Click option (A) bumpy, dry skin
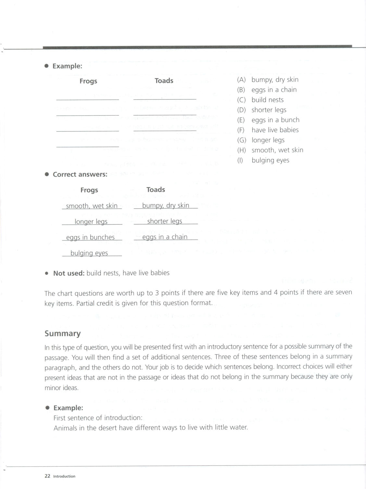coord(268,80)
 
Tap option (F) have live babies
coord(268,130)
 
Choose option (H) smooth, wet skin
coord(270,150)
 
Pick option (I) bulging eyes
coord(263,160)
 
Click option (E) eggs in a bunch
coord(268,120)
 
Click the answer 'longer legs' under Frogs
coord(91,222)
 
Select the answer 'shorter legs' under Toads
coord(165,221)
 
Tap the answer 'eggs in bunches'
coord(90,237)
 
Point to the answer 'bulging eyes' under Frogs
coord(89,253)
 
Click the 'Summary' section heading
coord(62,333)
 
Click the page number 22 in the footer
coord(47,476)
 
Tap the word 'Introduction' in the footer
coord(64,476)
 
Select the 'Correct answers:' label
coord(80,174)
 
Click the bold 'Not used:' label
coord(69,273)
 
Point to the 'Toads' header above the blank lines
coord(164,81)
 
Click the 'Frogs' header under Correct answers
coord(89,190)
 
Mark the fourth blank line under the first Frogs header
coord(87,147)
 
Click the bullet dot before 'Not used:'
coord(47,273)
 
